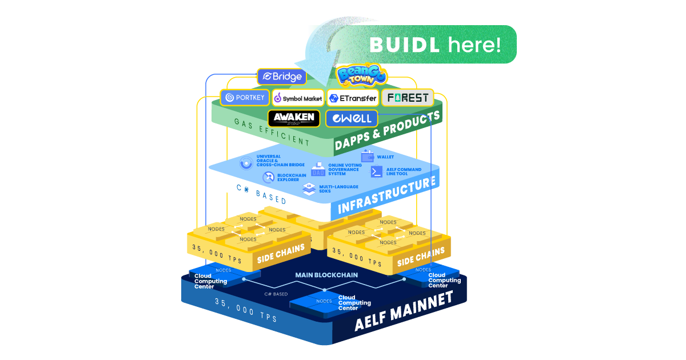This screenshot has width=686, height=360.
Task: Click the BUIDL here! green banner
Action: click(x=434, y=44)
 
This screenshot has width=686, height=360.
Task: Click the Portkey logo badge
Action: click(x=245, y=98)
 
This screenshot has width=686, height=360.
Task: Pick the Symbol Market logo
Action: click(x=298, y=98)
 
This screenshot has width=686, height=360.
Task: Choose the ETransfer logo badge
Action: click(x=353, y=98)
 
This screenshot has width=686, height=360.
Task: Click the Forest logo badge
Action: click(x=408, y=98)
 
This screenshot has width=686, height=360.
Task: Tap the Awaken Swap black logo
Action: click(x=294, y=118)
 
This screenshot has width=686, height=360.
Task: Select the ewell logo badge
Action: click(x=352, y=119)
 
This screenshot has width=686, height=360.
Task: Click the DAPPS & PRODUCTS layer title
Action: click(x=388, y=132)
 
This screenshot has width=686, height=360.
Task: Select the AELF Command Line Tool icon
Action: click(x=377, y=171)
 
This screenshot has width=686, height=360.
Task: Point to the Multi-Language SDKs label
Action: click(x=338, y=189)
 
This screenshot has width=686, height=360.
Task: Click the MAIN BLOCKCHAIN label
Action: click(x=326, y=275)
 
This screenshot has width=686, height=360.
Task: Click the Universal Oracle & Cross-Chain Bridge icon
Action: click(x=246, y=163)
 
